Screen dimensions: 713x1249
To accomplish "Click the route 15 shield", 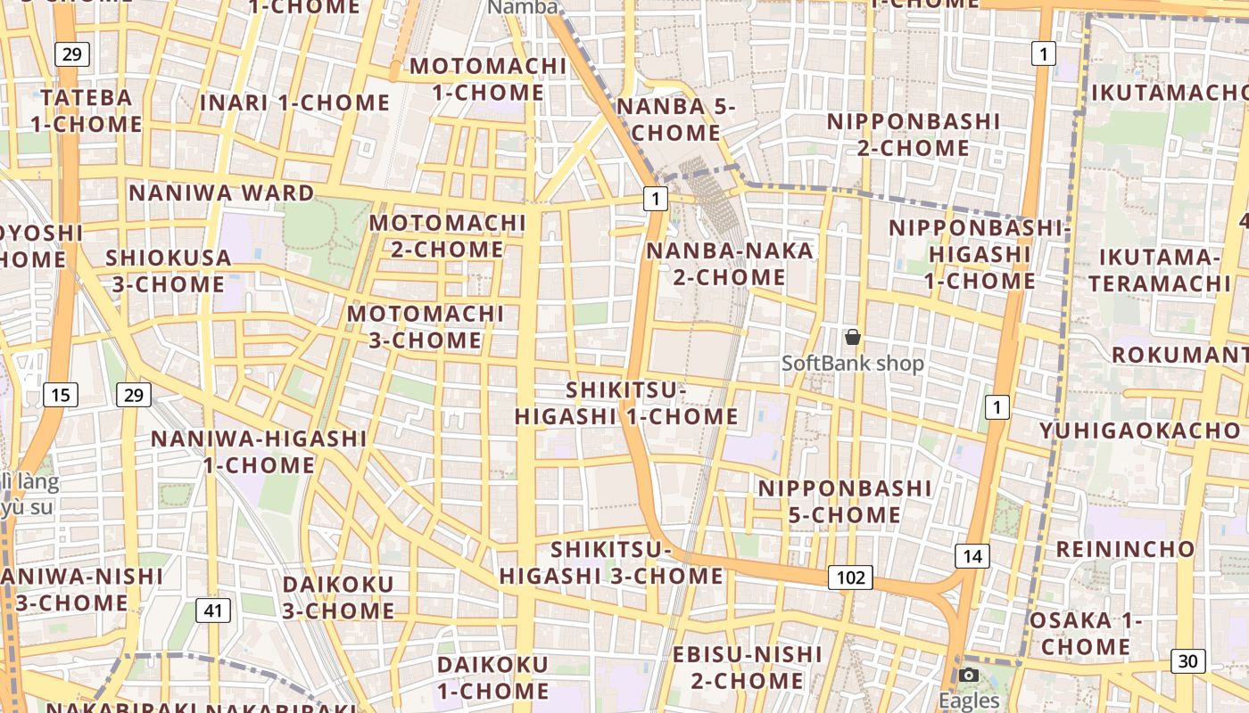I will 60,394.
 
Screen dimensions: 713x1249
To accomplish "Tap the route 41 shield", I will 212,611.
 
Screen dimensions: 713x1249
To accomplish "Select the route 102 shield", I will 850,578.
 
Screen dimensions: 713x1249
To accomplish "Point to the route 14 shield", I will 972,556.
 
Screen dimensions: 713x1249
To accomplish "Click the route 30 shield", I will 1187,661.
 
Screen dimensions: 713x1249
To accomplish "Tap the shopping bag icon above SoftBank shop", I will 853,337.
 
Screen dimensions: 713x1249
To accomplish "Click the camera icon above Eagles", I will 969,675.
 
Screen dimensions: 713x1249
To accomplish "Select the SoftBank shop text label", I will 853,364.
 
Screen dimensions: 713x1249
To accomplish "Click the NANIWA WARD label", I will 221,193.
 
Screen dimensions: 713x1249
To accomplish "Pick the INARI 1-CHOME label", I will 294,102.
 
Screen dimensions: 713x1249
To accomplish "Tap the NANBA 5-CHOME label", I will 676,119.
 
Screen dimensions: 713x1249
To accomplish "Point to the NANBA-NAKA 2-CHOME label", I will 730,264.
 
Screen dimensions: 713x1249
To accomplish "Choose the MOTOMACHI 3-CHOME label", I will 426,327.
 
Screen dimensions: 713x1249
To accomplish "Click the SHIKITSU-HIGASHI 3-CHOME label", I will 611,562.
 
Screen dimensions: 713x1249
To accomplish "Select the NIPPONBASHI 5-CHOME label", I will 845,502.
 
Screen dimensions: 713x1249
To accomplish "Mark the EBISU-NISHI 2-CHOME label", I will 748,668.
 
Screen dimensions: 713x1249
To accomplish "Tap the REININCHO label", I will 1125,548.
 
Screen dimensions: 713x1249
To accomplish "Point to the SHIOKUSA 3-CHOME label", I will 168,271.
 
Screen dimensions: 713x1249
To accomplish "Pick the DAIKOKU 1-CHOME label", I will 492,677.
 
